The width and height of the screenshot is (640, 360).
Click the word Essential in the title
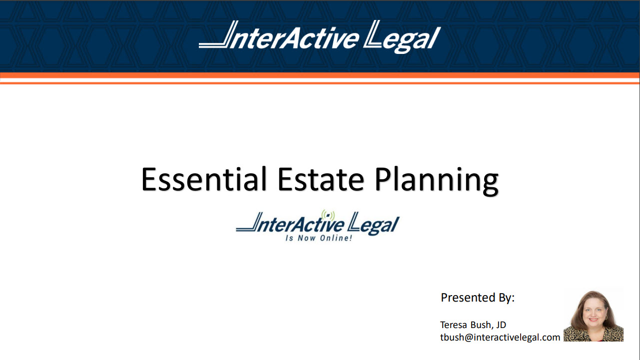[204, 179]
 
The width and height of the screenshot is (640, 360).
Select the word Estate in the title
[321, 179]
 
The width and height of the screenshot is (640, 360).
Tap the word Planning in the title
[437, 181]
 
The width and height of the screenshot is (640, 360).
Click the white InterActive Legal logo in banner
[320, 37]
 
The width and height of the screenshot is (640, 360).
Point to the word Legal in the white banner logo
[402, 37]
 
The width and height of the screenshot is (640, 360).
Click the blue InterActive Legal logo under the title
[318, 226]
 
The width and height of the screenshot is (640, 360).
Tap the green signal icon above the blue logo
[328, 215]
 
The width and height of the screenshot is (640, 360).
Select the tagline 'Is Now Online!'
[319, 238]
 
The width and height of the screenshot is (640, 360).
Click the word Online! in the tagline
[336, 238]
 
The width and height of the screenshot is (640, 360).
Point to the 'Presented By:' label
[478, 298]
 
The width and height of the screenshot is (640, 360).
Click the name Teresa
[454, 325]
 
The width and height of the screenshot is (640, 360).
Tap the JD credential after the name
[501, 325]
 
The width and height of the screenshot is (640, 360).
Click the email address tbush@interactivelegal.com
[500, 338]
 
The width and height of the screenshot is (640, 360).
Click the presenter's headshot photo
[594, 316]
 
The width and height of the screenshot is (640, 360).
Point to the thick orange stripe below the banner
[320, 75]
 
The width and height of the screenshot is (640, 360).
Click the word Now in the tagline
[307, 238]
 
